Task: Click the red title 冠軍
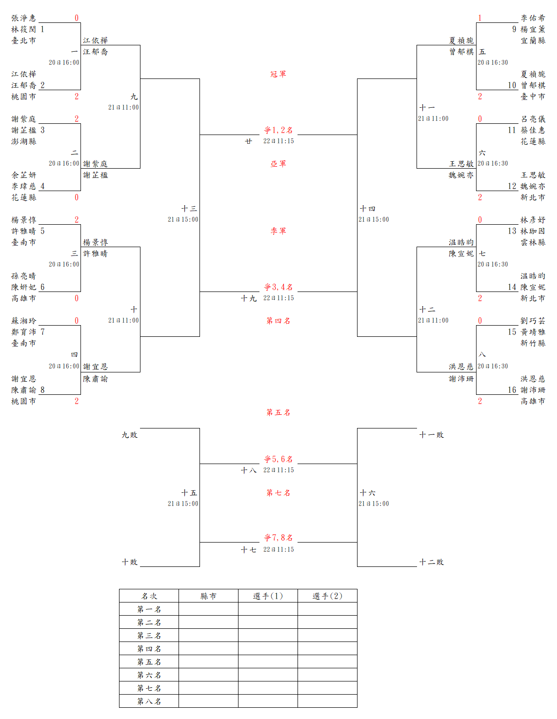pos(278,74)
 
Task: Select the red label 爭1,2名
pos(278,130)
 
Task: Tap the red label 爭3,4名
pos(278,287)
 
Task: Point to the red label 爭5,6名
pos(278,459)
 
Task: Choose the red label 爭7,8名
pos(278,538)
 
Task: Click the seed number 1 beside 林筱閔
pos(42,29)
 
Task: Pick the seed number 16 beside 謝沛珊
pos(512,390)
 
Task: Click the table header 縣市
pos(208,596)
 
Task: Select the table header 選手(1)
pos(268,596)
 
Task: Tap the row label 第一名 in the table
pos(149,609)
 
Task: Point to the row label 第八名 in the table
pos(149,701)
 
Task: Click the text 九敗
pos(130,435)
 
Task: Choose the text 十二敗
pos(432,562)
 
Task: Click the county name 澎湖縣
pos(24,141)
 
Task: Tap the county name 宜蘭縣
pos(533,40)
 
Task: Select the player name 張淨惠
pos(24,18)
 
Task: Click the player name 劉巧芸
pos(533,321)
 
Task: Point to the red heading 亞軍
pos(278,164)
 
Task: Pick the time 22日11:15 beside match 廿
pos(278,141)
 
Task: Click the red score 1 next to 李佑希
pos(480,18)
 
